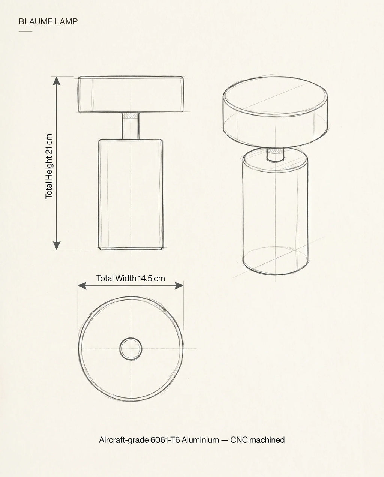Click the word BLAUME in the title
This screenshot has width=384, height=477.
coord(36,21)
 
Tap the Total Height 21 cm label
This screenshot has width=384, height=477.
coord(49,166)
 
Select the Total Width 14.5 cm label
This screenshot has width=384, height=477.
coord(130,278)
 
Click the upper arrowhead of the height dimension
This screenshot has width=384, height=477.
coord(57,81)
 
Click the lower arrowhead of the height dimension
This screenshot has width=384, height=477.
coord(57,245)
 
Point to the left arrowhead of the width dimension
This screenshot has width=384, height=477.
coord(82,286)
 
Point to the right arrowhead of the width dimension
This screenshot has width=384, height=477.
coord(179,286)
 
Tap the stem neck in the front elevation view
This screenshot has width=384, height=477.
coord(130,126)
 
